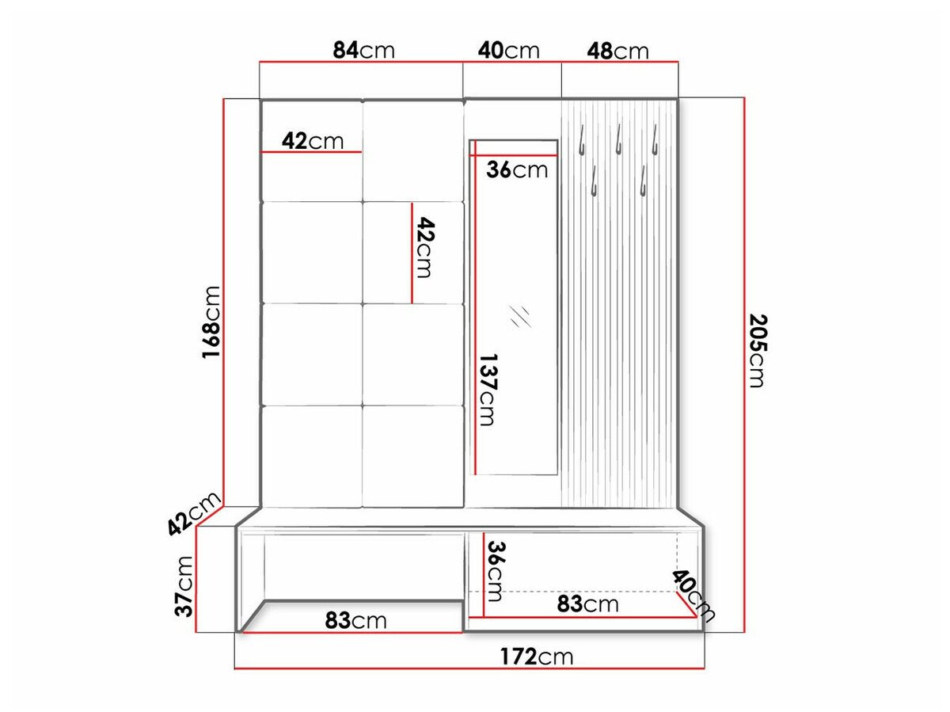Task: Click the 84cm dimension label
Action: coord(363,50)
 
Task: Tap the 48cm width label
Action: coord(617,51)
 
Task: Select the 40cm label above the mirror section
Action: coord(508,51)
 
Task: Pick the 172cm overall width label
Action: coord(536,657)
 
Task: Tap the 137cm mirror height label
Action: coord(486,389)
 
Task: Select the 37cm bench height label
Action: coord(184,585)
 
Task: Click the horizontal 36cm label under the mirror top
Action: coord(516,169)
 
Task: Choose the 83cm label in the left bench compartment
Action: coord(355,620)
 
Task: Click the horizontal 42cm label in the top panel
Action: coord(313,141)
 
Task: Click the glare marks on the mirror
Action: coord(520,316)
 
